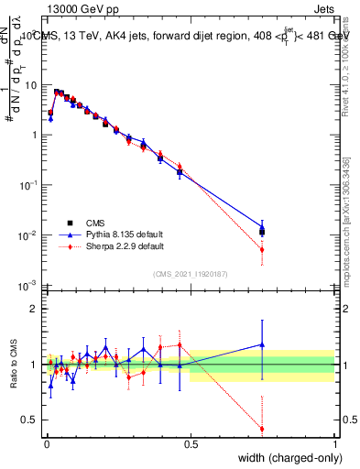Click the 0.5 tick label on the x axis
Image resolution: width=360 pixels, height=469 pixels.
click(190, 442)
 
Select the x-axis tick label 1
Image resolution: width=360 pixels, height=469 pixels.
click(334, 442)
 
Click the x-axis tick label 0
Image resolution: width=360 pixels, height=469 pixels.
click(45, 442)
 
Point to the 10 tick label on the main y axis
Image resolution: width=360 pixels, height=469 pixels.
click(32, 85)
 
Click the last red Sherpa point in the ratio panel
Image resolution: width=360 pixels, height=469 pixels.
click(262, 429)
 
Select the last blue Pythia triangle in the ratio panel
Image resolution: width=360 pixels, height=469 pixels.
click(262, 344)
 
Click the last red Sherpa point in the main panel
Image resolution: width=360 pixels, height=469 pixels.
click(262, 249)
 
